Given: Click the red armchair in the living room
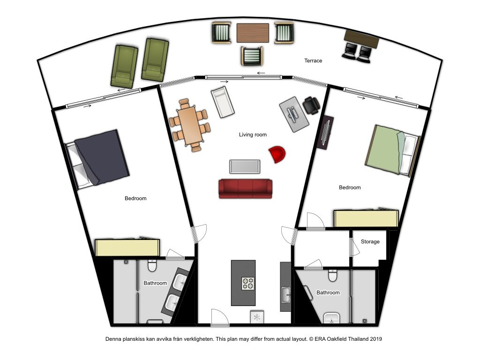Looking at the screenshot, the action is (277, 154).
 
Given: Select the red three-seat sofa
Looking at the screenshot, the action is (246, 189).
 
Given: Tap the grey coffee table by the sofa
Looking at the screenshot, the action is (245, 166).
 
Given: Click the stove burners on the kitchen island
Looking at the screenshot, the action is (248, 284).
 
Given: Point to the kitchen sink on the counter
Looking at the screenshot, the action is (286, 295).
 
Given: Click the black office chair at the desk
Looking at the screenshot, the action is (311, 105).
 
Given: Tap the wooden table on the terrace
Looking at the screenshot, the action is (253, 33).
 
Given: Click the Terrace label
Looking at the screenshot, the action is (313, 60).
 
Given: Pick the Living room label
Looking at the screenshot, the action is (253, 135).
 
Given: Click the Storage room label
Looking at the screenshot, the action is (370, 241).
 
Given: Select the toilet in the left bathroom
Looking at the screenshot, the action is (152, 265).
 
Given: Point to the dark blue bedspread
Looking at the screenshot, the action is (102, 157).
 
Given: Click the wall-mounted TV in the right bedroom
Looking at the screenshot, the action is (324, 133).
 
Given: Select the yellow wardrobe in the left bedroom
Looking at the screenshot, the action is (127, 247).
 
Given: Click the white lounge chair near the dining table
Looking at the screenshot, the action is (223, 102).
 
